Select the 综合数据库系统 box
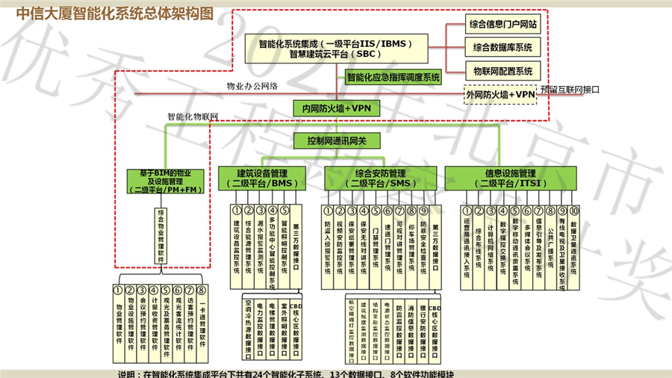click(502, 47)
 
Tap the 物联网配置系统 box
click(502, 72)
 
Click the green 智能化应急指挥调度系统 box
click(393, 77)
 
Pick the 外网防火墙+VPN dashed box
click(500, 96)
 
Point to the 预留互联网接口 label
click(570, 90)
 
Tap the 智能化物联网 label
click(193, 117)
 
